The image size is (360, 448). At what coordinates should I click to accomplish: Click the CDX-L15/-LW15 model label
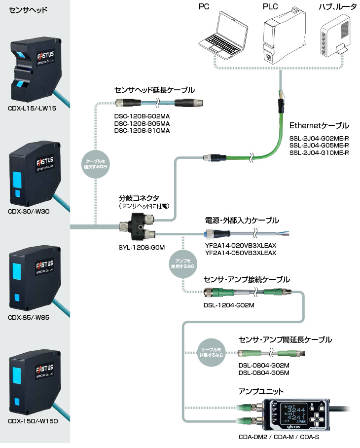pyautogui.click(x=33, y=108)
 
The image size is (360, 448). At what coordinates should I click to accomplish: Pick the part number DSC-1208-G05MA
pyautogui.click(x=142, y=124)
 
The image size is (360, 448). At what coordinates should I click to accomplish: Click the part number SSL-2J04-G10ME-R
pyautogui.click(x=319, y=153)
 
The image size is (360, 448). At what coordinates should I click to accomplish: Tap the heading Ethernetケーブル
pyautogui.click(x=319, y=125)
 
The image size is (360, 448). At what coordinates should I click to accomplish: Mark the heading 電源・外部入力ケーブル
pyautogui.click(x=242, y=220)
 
